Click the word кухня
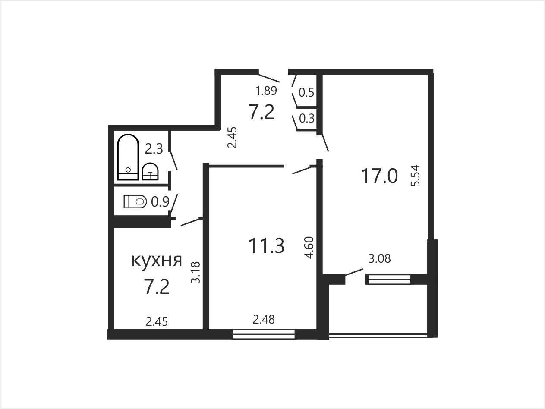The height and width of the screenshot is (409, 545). pyautogui.click(x=157, y=261)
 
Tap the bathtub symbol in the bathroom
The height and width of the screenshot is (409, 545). pyautogui.click(x=128, y=157)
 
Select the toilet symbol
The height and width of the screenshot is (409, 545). pyautogui.click(x=135, y=201)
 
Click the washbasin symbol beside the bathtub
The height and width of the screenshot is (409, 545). pyautogui.click(x=150, y=171)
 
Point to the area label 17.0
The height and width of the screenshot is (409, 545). pyautogui.click(x=380, y=176)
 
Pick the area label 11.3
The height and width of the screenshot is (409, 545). pyautogui.click(x=266, y=245)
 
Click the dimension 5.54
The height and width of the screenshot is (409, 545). pyautogui.click(x=415, y=176)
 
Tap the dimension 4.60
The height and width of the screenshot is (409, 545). pyautogui.click(x=309, y=248)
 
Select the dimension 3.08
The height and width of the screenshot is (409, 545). pyautogui.click(x=380, y=258)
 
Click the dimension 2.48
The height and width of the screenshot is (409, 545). pyautogui.click(x=264, y=320)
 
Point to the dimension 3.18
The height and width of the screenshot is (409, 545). pyautogui.click(x=195, y=272)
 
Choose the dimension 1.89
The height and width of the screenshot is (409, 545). pyautogui.click(x=266, y=91)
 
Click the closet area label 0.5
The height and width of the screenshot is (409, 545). pyautogui.click(x=306, y=92)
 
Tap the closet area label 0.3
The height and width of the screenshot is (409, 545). pyautogui.click(x=307, y=118)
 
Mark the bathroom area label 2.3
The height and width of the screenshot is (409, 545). pyautogui.click(x=154, y=149)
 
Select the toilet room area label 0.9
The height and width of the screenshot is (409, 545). pyautogui.click(x=161, y=202)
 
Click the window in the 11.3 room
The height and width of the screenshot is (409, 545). pyautogui.click(x=264, y=334)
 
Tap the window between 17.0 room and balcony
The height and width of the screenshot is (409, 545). pyautogui.click(x=387, y=280)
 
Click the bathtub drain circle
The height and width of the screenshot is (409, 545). pyautogui.click(x=128, y=170)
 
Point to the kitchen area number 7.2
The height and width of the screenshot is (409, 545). pyautogui.click(x=157, y=287)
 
